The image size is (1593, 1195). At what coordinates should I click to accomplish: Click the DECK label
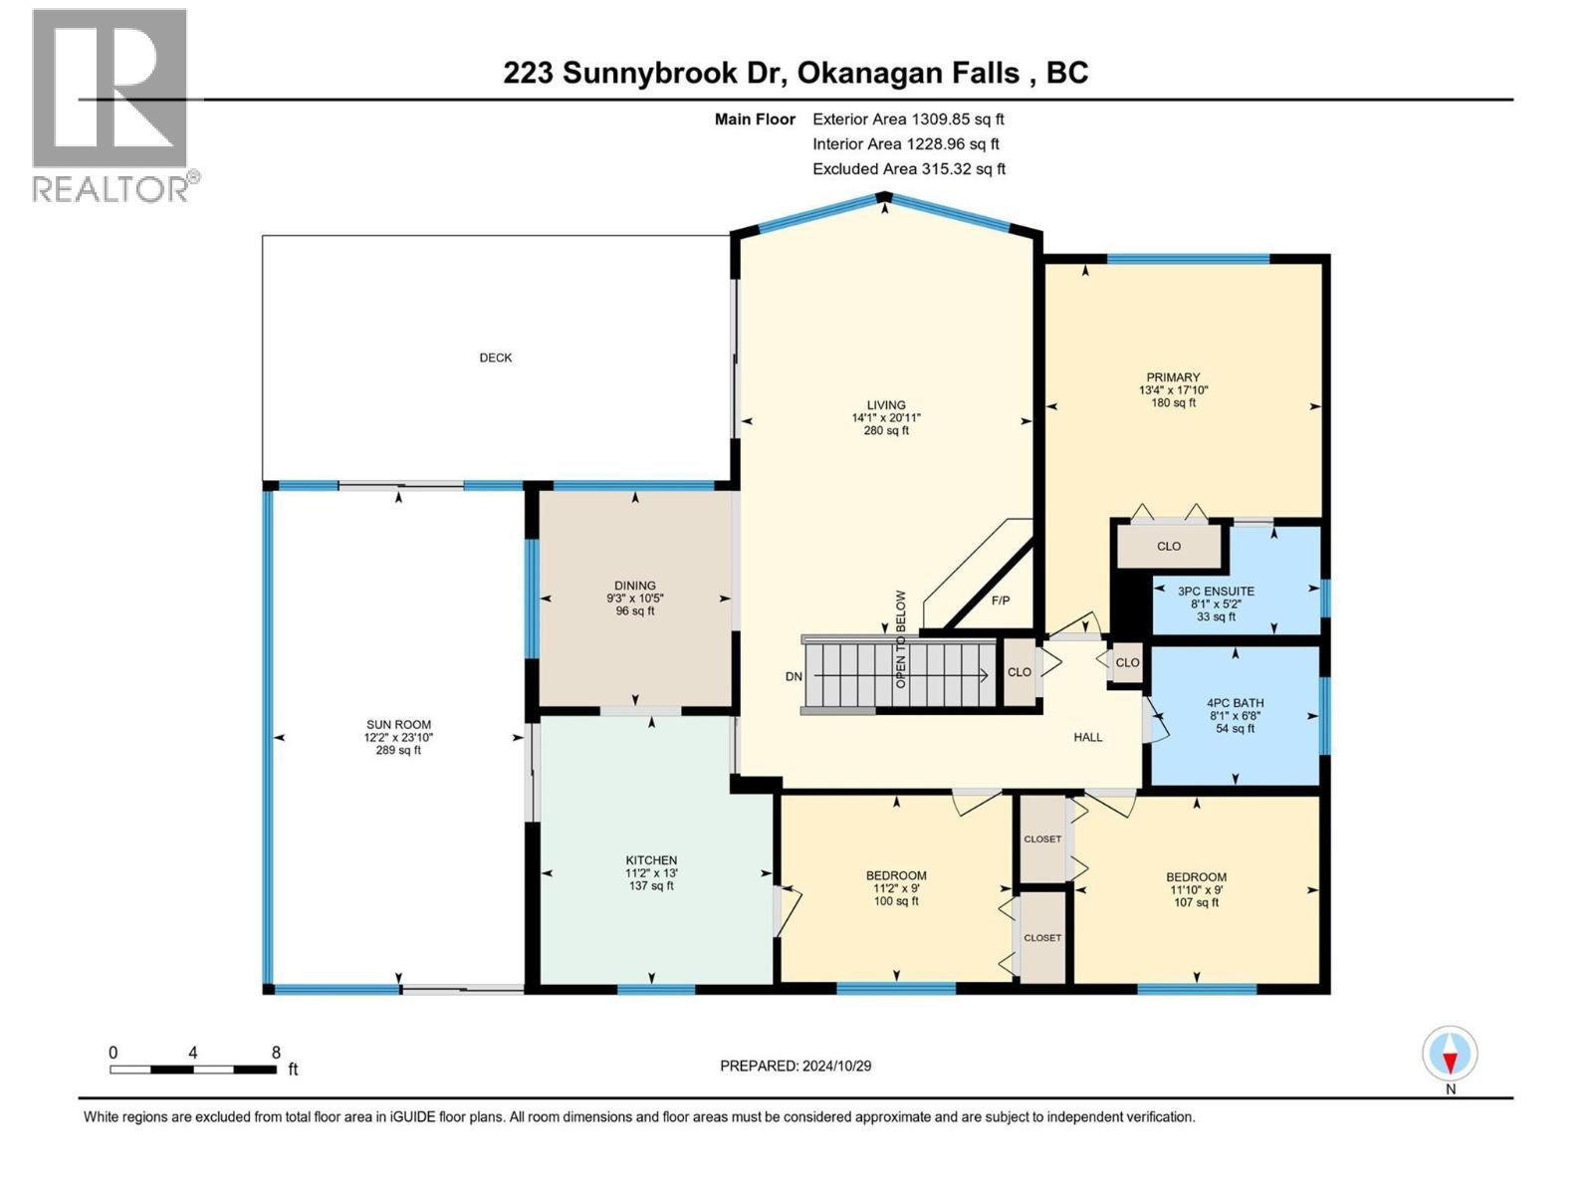tap(495, 358)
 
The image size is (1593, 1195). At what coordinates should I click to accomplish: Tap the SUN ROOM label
tap(398, 725)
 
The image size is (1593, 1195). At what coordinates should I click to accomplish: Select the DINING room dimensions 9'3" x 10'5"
tap(635, 598)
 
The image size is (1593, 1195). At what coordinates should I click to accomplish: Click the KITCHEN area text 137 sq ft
tap(651, 885)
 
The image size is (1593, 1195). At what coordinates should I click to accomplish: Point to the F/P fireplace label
tap(1001, 600)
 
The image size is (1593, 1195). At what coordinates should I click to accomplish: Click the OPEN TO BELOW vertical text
tap(901, 639)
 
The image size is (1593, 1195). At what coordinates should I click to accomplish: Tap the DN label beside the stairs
tap(794, 676)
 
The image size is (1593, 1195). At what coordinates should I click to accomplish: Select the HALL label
tap(1087, 737)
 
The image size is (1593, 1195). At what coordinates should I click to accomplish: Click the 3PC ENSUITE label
tap(1216, 591)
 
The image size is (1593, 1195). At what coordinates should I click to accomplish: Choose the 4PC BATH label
tap(1235, 703)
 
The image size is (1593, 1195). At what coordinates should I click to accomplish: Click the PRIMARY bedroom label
tap(1173, 377)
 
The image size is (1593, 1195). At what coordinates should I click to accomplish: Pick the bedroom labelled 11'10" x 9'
tap(1196, 890)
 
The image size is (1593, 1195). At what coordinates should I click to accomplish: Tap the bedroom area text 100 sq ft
tap(896, 901)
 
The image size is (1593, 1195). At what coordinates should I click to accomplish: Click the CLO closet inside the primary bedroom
tap(1169, 546)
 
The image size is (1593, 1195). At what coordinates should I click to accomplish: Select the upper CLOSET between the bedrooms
tap(1042, 838)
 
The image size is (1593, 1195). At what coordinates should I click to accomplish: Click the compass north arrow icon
tap(1450, 1054)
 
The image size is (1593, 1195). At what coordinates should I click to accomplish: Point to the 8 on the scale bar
tap(276, 1053)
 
